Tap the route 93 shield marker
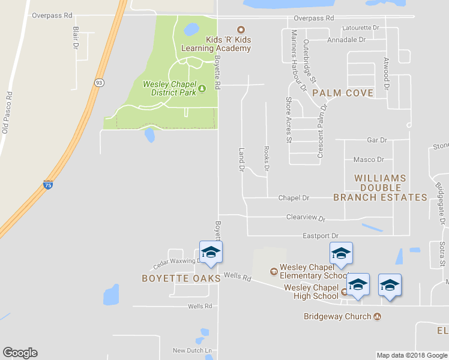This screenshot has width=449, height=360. (97, 82)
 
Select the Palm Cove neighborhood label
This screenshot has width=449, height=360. (343, 93)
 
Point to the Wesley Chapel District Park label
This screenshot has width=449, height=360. (170, 88)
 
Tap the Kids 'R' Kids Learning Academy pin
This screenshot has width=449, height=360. (241, 29)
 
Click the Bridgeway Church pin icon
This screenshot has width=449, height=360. (378, 316)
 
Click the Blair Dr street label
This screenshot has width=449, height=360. (76, 37)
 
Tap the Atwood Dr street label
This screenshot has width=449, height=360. (387, 74)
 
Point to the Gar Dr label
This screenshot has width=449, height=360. (376, 140)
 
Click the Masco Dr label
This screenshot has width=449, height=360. (369, 160)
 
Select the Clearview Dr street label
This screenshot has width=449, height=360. (306, 218)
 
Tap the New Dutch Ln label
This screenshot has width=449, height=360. (193, 350)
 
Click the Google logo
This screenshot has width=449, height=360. (20, 353)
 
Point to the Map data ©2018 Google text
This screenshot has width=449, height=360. (412, 355)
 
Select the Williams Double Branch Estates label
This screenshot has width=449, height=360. (380, 188)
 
